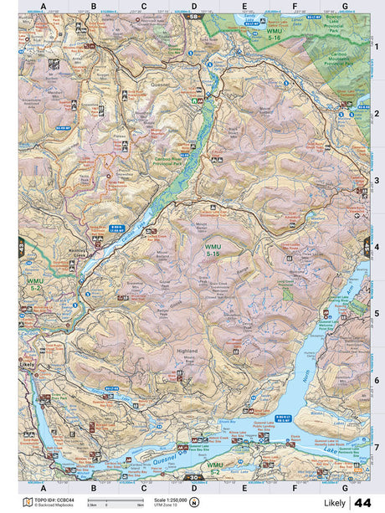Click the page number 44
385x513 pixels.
tap(362, 502)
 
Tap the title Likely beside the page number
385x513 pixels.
tap(335, 503)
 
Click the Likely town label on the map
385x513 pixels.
tap(28, 366)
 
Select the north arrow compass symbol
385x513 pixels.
tap(194, 502)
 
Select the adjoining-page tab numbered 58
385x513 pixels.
tap(193, 16)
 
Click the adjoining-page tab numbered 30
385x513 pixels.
tap(193, 479)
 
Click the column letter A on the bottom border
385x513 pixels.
tap(42, 486)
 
